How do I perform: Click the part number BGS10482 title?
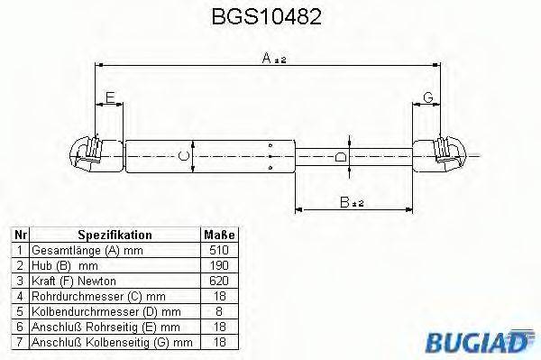click(x=270, y=17)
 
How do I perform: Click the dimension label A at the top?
click(x=267, y=57)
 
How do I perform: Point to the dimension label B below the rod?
click(x=346, y=201)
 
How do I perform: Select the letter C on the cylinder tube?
click(x=184, y=157)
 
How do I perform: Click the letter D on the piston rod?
click(x=339, y=157)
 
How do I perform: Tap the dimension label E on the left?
click(x=110, y=97)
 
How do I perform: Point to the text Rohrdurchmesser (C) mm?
click(x=86, y=295)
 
